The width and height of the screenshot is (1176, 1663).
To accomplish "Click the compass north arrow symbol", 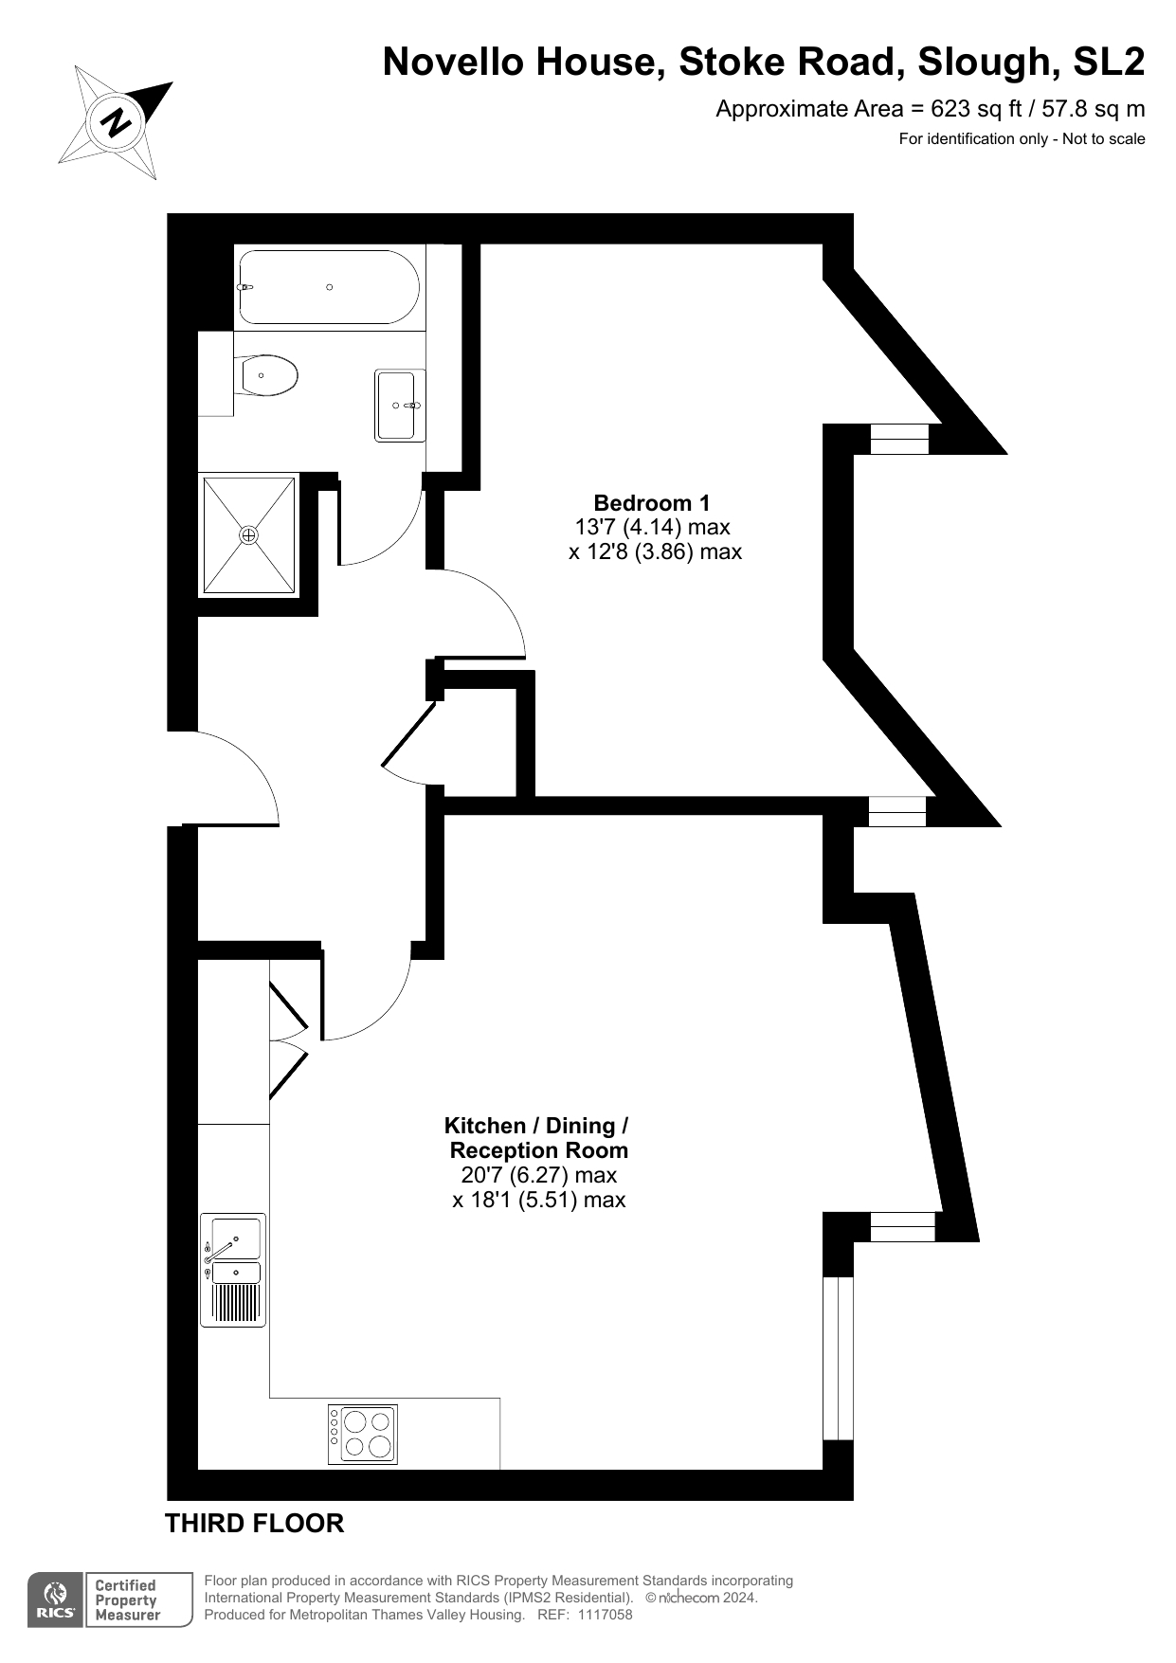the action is coord(116,121).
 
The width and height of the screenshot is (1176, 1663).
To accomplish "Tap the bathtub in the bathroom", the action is coord(328,287).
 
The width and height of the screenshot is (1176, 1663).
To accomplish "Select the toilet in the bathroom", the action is coord(269,376).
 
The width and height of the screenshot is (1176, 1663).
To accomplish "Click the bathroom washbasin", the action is coord(399,406).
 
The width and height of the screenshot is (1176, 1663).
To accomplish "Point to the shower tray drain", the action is coord(248,535).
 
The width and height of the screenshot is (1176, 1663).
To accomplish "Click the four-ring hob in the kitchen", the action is coord(363,1434).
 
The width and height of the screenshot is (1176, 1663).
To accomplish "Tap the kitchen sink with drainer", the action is coord(233,1270).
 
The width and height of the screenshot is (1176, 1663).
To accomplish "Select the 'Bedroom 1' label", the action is coord(651,503).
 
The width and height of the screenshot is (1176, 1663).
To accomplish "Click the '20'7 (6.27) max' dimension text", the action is coord(539,1175).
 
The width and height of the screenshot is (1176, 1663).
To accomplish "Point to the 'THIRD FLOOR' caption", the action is coord(254,1524).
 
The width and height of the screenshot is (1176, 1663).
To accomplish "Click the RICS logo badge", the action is coord(56,1600).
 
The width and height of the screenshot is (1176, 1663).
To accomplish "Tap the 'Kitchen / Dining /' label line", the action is coord(536,1126).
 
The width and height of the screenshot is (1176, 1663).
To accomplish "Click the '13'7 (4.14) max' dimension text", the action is coord(652,527).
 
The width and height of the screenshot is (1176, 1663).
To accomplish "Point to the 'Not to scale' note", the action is coord(1104,139).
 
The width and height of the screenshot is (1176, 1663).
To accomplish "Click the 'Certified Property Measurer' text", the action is coord(127,1600).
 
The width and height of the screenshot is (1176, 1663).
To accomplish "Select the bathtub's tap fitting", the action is coord(244,286).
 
